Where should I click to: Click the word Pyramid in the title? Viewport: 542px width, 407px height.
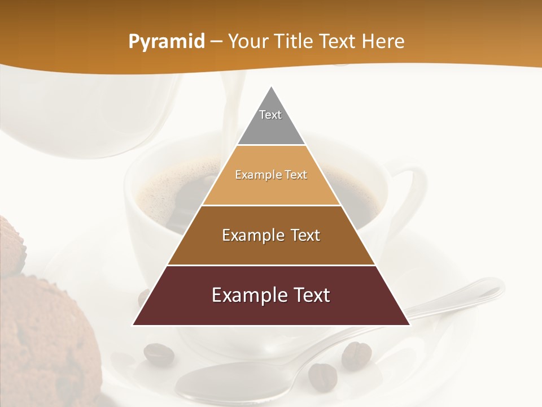[x=166, y=42]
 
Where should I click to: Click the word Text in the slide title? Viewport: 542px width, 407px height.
[x=339, y=41]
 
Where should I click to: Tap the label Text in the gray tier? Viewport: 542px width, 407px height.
[x=270, y=115]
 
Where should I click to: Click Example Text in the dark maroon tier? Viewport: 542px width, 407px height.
[x=271, y=295]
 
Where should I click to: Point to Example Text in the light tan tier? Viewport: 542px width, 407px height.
[x=271, y=175]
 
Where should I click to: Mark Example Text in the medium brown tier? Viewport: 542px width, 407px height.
[x=271, y=235]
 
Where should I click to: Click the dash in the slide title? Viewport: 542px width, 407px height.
[x=216, y=42]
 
